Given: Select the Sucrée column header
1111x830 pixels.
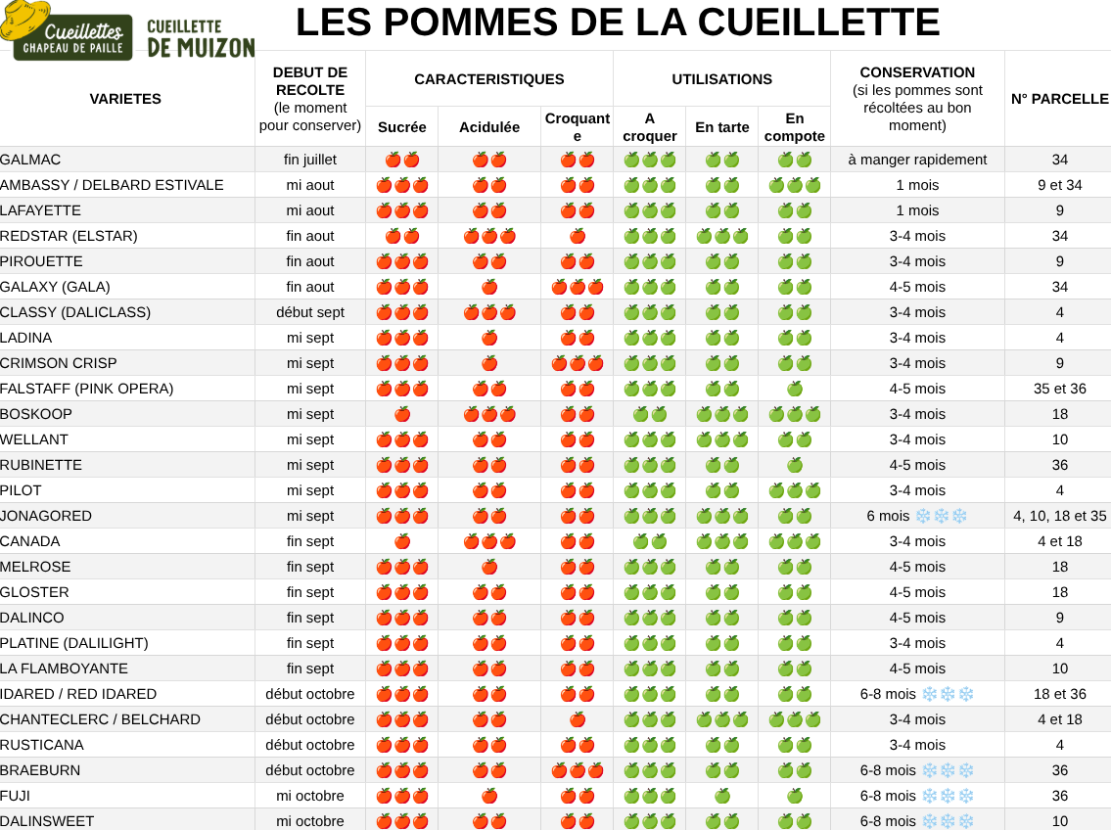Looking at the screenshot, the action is click(x=401, y=127).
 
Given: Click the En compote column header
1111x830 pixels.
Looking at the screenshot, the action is click(x=794, y=127).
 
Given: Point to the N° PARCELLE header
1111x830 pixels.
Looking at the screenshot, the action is click(x=1059, y=99).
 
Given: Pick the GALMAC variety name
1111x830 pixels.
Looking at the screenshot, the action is click(x=30, y=161).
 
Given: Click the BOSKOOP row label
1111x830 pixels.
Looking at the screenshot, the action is click(x=36, y=414).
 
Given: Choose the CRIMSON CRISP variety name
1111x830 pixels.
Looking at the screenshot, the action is click(x=58, y=363).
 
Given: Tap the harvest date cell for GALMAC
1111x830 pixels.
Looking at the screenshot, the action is click(x=310, y=161).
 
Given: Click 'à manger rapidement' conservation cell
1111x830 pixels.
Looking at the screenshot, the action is click(x=917, y=161).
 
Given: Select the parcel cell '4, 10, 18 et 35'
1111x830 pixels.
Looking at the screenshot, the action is click(x=1059, y=516).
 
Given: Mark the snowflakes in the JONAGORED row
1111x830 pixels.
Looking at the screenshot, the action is click(x=941, y=516).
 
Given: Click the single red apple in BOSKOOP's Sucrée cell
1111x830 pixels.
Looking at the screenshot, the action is click(x=401, y=414).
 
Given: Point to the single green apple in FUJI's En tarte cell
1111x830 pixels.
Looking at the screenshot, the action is click(x=722, y=796).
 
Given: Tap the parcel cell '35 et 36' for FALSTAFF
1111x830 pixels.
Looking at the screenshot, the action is click(x=1059, y=389).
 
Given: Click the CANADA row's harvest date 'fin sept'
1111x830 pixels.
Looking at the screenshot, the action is click(x=310, y=542).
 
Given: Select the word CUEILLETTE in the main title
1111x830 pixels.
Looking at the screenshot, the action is click(x=818, y=22).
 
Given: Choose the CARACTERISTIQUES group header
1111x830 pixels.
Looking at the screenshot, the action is click(x=488, y=79).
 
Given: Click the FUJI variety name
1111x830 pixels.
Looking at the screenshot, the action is click(x=15, y=796).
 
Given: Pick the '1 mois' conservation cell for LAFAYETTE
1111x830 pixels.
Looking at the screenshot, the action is click(x=917, y=211).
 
